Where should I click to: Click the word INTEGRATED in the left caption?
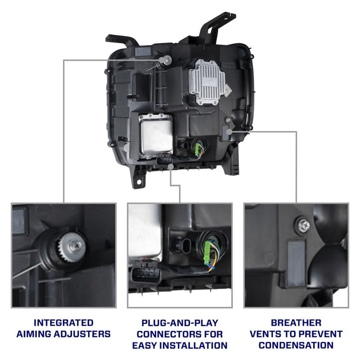click(x=64, y=323)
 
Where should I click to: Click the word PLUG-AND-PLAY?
click(x=180, y=323)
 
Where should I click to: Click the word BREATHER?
click(x=296, y=323)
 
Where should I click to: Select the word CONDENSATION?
click(x=296, y=345)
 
